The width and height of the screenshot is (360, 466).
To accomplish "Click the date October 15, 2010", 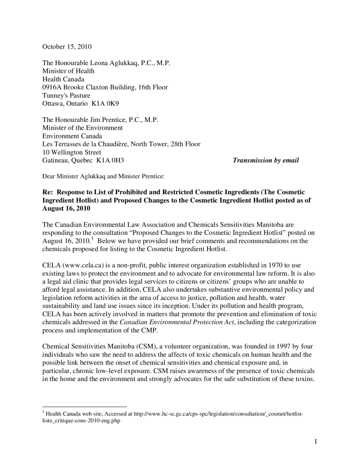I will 67,46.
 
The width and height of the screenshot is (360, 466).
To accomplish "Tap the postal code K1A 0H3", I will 110,160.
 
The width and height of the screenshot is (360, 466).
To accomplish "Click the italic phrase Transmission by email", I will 266,160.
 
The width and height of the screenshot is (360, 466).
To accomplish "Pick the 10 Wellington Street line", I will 72,152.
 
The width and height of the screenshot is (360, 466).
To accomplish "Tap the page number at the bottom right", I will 315,441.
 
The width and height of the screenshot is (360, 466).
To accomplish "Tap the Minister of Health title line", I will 68,71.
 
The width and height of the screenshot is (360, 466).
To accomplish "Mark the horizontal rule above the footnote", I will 85,406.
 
